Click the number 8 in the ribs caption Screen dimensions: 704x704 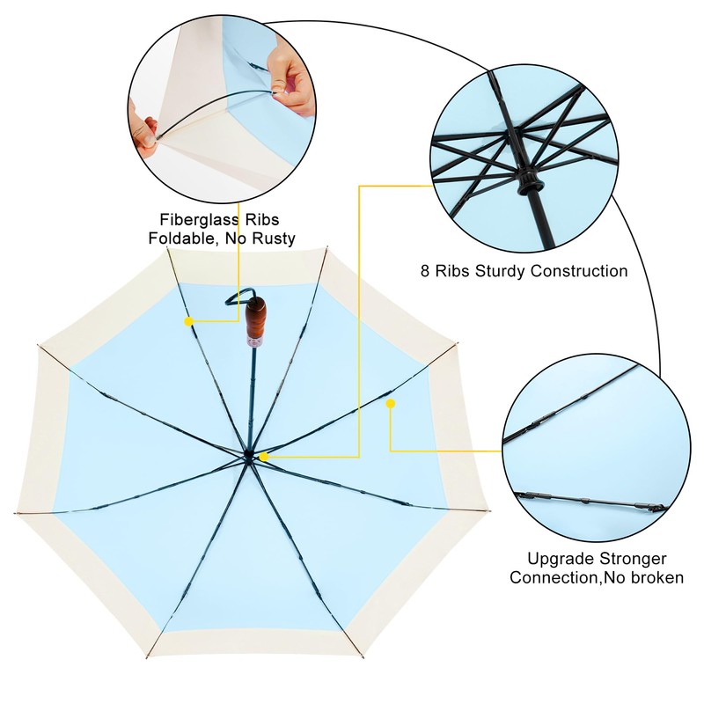426,271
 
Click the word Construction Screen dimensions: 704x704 578,271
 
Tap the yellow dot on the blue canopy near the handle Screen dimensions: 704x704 188,322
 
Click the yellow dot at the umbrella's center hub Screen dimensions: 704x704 263,456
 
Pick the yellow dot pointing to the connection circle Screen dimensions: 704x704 391,404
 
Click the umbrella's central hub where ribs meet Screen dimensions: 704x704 249,454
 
